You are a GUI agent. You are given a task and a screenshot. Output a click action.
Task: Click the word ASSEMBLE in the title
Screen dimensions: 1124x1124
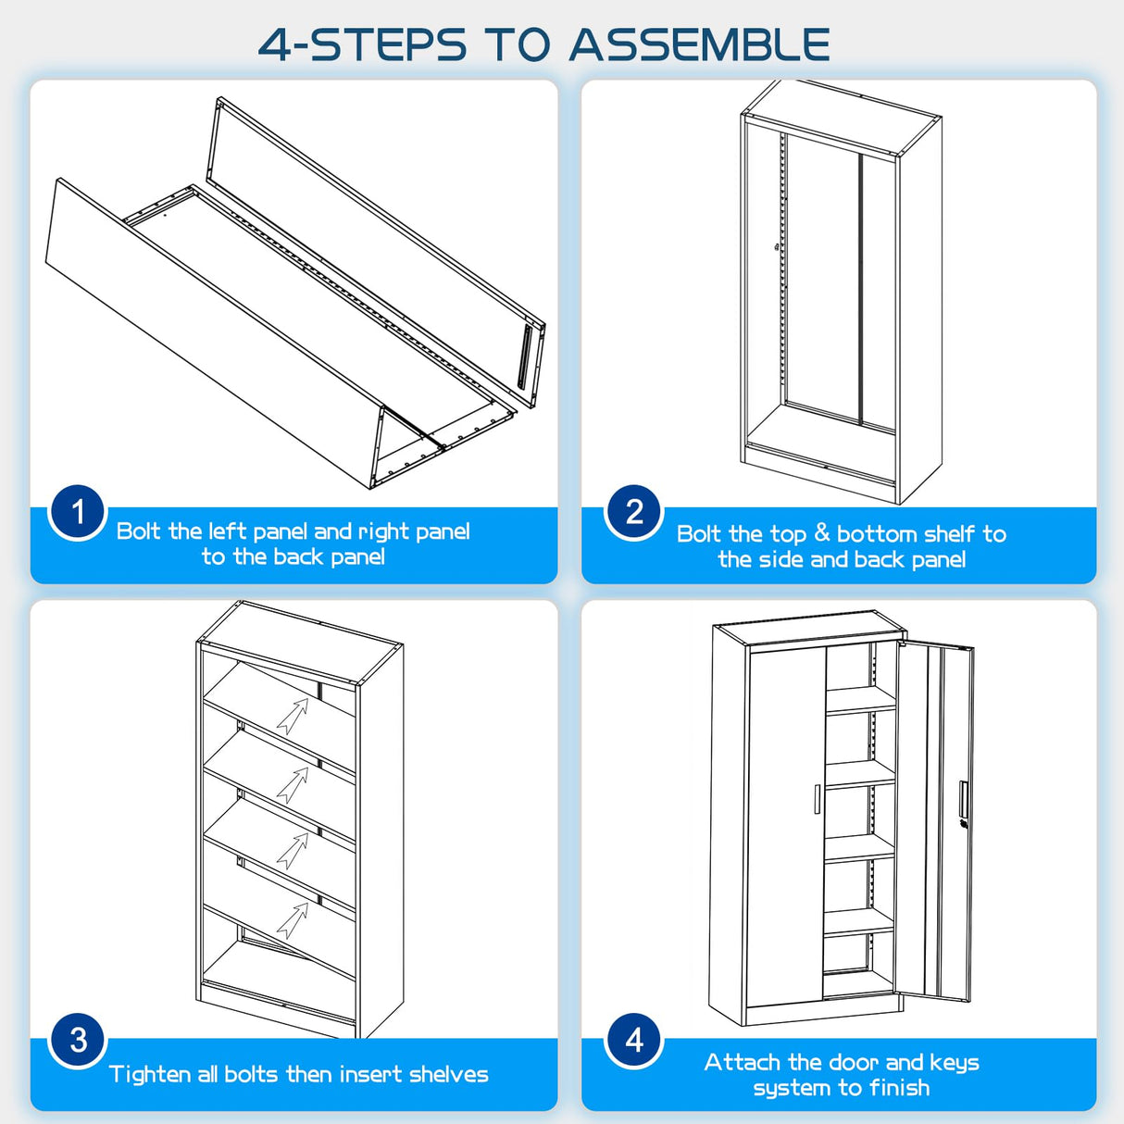tap(699, 44)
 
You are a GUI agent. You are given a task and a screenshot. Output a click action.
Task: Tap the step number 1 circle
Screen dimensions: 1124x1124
tap(78, 513)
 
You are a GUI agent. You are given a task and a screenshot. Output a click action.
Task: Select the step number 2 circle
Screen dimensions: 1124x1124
tap(634, 512)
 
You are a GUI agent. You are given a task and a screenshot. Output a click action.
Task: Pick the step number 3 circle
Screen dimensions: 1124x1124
tap(78, 1040)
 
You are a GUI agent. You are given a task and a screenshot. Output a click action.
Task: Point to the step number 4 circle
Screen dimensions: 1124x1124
tap(634, 1040)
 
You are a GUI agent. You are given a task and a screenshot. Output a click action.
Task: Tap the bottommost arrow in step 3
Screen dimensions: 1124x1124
tap(293, 920)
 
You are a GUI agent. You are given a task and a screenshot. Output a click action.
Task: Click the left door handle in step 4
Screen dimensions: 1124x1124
tap(818, 798)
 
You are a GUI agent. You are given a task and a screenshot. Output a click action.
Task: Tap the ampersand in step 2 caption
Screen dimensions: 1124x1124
tap(822, 533)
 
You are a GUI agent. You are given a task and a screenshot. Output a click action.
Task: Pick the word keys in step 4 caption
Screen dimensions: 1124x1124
tap(955, 1063)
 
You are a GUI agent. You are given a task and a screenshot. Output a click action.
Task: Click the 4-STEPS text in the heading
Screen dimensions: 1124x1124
tap(362, 44)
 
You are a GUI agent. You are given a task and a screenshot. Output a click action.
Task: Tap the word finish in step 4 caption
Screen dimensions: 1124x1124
tap(899, 1087)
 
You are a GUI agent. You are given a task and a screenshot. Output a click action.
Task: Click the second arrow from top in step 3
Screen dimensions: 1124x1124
tap(293, 785)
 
